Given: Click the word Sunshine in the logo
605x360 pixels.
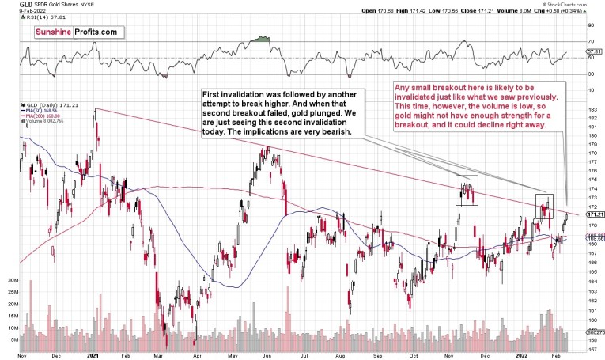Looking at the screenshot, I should [55, 32].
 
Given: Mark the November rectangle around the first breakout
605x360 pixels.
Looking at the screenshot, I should [467, 190].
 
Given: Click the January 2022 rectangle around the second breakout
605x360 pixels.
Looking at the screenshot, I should [544, 206].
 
